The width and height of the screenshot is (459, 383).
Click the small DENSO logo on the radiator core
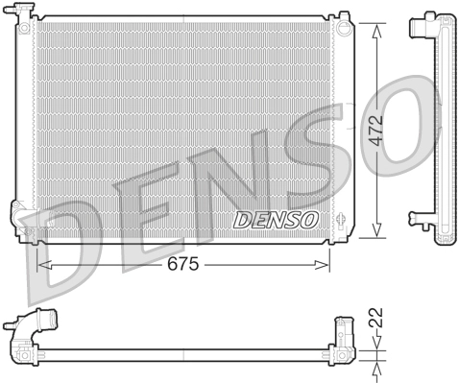click(277, 219)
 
